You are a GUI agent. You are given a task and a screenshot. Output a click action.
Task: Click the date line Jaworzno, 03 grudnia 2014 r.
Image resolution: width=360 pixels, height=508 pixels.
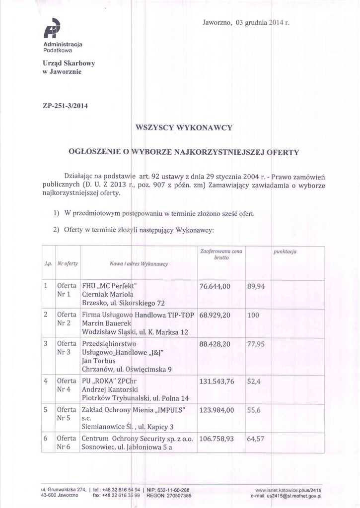(246, 23)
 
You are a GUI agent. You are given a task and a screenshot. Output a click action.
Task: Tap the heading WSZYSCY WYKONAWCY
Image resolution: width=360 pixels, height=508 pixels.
(184, 128)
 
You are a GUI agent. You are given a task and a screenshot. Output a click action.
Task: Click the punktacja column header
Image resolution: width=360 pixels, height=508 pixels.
(285, 252)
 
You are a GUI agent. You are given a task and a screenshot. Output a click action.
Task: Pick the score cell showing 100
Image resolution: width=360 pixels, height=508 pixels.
(253, 315)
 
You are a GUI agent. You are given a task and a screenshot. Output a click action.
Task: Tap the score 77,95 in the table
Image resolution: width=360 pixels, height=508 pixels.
(256, 343)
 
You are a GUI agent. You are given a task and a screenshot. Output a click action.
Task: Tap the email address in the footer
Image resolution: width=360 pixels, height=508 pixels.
(287, 495)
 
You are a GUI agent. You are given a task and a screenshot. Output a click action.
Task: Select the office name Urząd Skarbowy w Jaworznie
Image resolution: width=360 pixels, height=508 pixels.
(69, 67)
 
